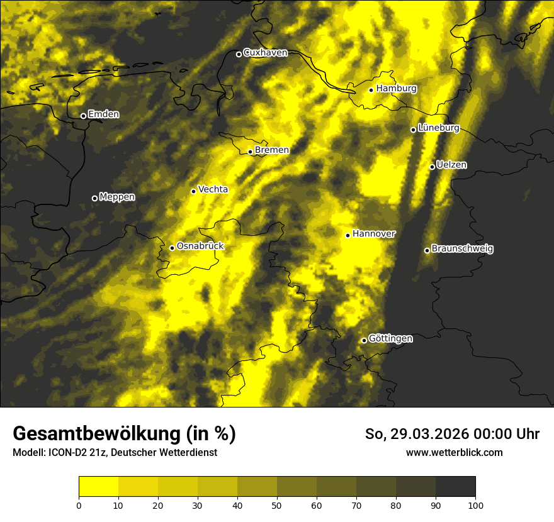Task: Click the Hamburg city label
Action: click(396, 89)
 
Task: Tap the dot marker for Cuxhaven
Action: click(239, 54)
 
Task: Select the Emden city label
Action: click(103, 114)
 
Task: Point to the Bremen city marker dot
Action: click(250, 152)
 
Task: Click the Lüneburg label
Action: click(438, 128)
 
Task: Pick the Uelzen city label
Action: click(451, 165)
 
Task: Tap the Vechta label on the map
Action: click(213, 190)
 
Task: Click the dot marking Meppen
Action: click(94, 198)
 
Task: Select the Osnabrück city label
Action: click(200, 247)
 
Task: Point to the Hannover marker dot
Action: click(348, 235)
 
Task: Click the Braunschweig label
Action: click(462, 249)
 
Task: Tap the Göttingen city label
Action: click(390, 339)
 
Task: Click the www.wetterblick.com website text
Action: click(454, 452)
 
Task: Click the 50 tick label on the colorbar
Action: click(277, 505)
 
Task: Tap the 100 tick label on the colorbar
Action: click(475, 505)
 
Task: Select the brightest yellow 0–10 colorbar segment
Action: click(98, 487)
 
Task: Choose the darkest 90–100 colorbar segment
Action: click(455, 487)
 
